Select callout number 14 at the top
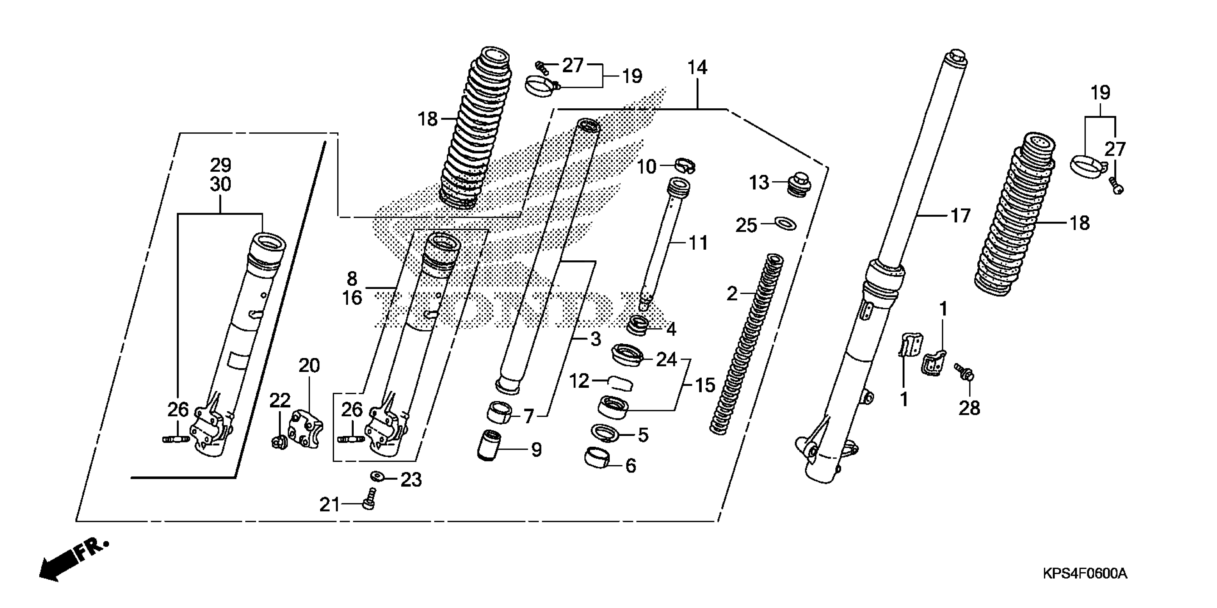coord(697,68)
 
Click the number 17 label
coord(960,216)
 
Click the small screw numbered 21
coord(370,499)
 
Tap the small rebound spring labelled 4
coord(639,326)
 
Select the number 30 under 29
coord(220,184)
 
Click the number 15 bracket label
coord(705,386)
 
